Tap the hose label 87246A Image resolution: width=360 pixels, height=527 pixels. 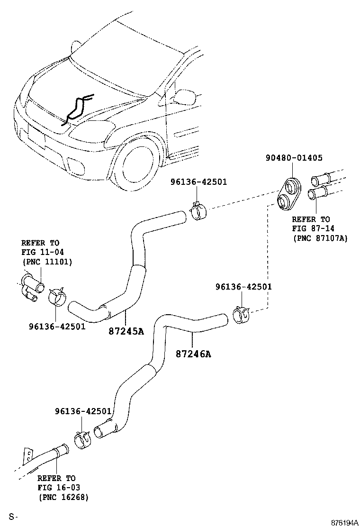click(193, 354)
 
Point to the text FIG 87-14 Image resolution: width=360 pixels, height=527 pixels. click(310, 228)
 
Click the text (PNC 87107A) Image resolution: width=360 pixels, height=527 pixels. click(320, 238)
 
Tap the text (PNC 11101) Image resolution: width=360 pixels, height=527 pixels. click(47, 261)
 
